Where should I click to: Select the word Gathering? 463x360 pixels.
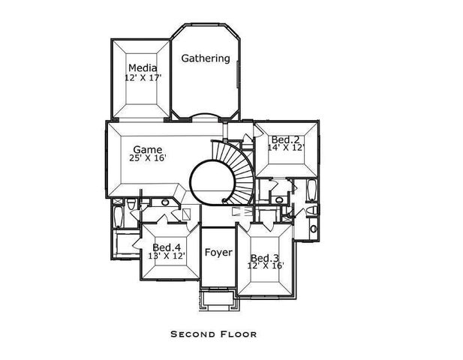(206, 58)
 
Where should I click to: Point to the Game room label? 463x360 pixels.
(148, 148)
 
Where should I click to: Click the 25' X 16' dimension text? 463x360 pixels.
(147, 158)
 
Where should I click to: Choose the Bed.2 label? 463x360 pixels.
(285, 139)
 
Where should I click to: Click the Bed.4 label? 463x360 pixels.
(167, 247)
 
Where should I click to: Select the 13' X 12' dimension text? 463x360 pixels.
(166, 256)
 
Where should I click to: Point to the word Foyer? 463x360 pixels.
(218, 253)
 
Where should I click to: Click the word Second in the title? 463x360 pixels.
(194, 334)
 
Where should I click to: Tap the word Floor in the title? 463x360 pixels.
(239, 334)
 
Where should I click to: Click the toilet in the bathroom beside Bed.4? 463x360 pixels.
(131, 204)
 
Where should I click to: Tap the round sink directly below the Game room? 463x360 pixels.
(165, 202)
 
